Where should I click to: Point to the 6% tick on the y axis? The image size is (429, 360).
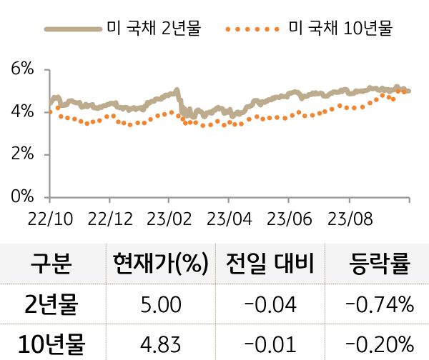click(x=23, y=69)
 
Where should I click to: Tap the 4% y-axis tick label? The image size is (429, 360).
click(x=23, y=111)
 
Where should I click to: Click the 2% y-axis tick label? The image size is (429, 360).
click(x=23, y=154)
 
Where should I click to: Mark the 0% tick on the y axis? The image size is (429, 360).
click(x=23, y=196)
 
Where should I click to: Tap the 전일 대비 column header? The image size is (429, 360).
click(x=269, y=264)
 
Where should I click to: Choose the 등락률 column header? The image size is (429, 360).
click(x=379, y=264)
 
